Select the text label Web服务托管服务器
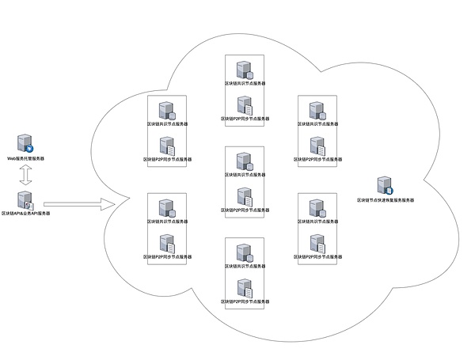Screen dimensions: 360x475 (25, 158)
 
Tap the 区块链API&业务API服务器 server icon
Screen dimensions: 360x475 (25, 200)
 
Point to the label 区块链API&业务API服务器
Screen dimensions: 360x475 (25, 214)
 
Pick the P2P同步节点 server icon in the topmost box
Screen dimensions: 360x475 (244, 104)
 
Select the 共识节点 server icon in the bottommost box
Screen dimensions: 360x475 (244, 252)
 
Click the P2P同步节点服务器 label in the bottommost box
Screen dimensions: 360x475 (244, 301)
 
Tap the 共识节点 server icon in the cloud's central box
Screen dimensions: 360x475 (244, 161)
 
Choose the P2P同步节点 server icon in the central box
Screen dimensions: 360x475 (244, 197)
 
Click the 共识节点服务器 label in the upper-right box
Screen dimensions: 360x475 (317, 124)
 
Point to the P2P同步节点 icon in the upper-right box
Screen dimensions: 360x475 (317, 146)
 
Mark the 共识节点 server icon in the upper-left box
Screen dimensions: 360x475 (166, 110)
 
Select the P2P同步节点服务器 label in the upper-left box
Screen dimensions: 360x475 (166, 159)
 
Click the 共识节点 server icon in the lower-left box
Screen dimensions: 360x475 (166, 208)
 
